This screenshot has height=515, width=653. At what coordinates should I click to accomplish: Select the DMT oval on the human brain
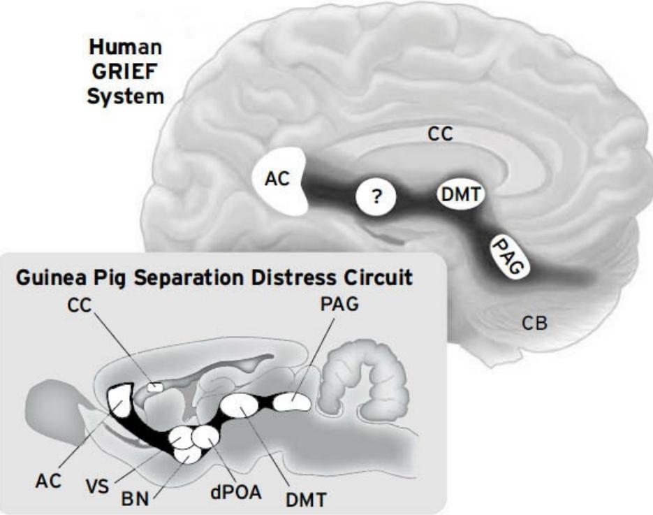[x=460, y=195]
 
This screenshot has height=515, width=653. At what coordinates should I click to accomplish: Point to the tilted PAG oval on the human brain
[x=508, y=256]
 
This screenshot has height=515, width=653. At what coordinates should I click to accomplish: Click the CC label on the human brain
[x=440, y=134]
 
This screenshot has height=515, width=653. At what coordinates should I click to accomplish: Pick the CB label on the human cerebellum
[x=535, y=323]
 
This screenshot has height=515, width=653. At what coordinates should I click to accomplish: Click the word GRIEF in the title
[x=126, y=72]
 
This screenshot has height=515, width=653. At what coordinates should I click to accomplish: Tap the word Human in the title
[x=126, y=49]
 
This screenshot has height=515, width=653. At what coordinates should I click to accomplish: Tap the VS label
[x=98, y=486]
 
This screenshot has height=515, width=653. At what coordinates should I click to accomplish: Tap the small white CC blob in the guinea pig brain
[x=154, y=386]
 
